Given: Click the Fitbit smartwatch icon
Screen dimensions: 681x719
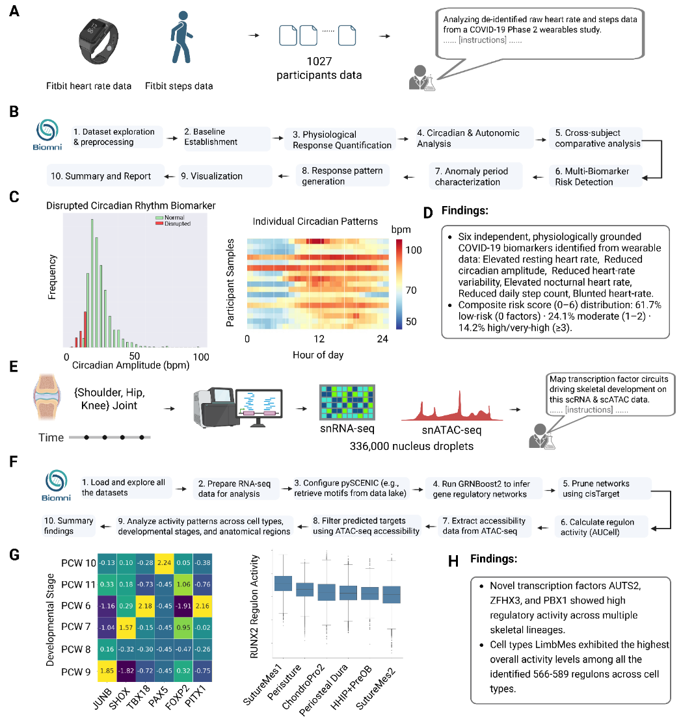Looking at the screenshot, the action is [x=99, y=41].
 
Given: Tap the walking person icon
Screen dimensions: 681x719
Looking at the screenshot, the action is [x=181, y=37].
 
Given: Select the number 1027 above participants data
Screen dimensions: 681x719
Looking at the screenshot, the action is [x=319, y=62].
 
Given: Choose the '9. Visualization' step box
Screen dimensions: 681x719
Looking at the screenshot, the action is [x=225, y=176].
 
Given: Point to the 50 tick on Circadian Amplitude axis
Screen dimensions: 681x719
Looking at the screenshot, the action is [x=134, y=356].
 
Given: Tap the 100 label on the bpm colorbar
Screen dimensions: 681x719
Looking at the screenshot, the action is [x=414, y=250].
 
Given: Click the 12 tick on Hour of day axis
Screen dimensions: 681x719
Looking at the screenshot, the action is [x=319, y=339].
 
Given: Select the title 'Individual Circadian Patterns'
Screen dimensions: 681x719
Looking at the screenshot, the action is [x=315, y=222].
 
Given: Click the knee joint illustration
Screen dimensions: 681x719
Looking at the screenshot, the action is [x=47, y=397].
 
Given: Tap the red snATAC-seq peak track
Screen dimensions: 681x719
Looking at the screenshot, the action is [x=452, y=407].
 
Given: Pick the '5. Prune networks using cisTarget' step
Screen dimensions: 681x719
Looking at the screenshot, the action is [x=604, y=489].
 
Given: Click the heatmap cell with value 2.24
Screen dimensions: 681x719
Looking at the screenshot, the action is [x=165, y=562].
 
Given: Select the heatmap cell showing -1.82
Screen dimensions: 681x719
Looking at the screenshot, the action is [x=126, y=671].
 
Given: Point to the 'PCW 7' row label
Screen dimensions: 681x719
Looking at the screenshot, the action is [x=75, y=627].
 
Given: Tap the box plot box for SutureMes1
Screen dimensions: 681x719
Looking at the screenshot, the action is [x=283, y=583].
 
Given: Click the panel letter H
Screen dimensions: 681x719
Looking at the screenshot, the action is [x=453, y=561].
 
